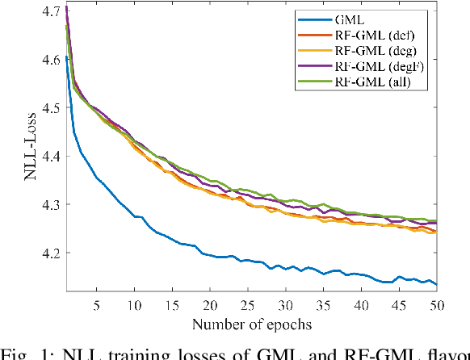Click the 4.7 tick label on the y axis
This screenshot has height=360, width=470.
pos(49,11)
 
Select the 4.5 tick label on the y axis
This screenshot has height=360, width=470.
pos(49,108)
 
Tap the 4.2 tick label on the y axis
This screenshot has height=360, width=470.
pos(49,253)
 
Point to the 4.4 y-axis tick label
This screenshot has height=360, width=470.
pos(49,157)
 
